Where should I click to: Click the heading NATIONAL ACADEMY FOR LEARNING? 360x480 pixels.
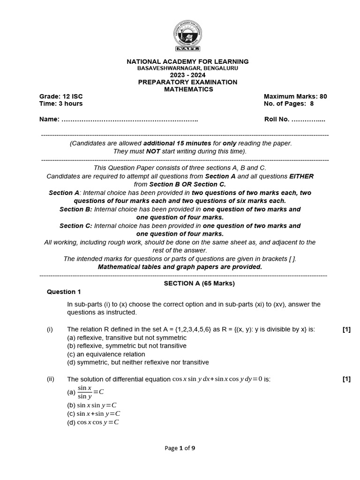point(187,61)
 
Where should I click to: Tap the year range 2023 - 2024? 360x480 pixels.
point(187,75)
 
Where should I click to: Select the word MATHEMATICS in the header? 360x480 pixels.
point(188,89)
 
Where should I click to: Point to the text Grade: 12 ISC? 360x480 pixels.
point(61,97)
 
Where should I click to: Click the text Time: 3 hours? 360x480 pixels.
point(61,104)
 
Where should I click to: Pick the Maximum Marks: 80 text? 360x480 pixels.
point(295,97)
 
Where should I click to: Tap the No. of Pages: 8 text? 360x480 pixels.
point(289,104)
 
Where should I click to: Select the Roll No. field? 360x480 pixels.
point(295,120)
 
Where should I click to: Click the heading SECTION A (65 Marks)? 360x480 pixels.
point(199,283)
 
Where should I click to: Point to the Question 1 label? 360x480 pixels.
point(64,292)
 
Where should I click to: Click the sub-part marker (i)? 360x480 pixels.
point(50,330)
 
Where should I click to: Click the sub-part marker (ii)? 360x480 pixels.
point(50,379)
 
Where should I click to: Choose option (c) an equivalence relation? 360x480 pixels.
point(106,354)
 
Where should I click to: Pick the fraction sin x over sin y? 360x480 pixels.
point(85,392)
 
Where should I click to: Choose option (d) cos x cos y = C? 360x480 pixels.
point(93,422)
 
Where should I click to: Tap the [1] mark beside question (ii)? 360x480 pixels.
point(346,379)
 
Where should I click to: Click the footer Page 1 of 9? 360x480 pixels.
point(180,448)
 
